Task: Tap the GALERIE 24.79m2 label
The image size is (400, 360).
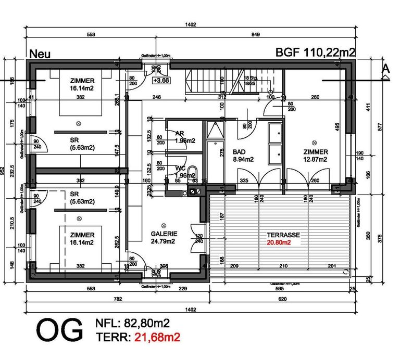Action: tap(163, 238)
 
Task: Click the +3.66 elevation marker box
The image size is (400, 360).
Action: tap(161, 81)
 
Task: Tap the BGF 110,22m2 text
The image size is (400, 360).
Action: tap(316, 53)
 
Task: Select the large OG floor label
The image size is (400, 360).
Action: tap(59, 330)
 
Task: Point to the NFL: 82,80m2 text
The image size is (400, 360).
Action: tap(133, 324)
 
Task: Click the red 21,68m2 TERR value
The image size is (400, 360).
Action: tap(158, 338)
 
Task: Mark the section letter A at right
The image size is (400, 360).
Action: tap(385, 68)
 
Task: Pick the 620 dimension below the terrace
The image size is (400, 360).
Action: tap(282, 299)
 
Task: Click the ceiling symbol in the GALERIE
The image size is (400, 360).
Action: tap(161, 221)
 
